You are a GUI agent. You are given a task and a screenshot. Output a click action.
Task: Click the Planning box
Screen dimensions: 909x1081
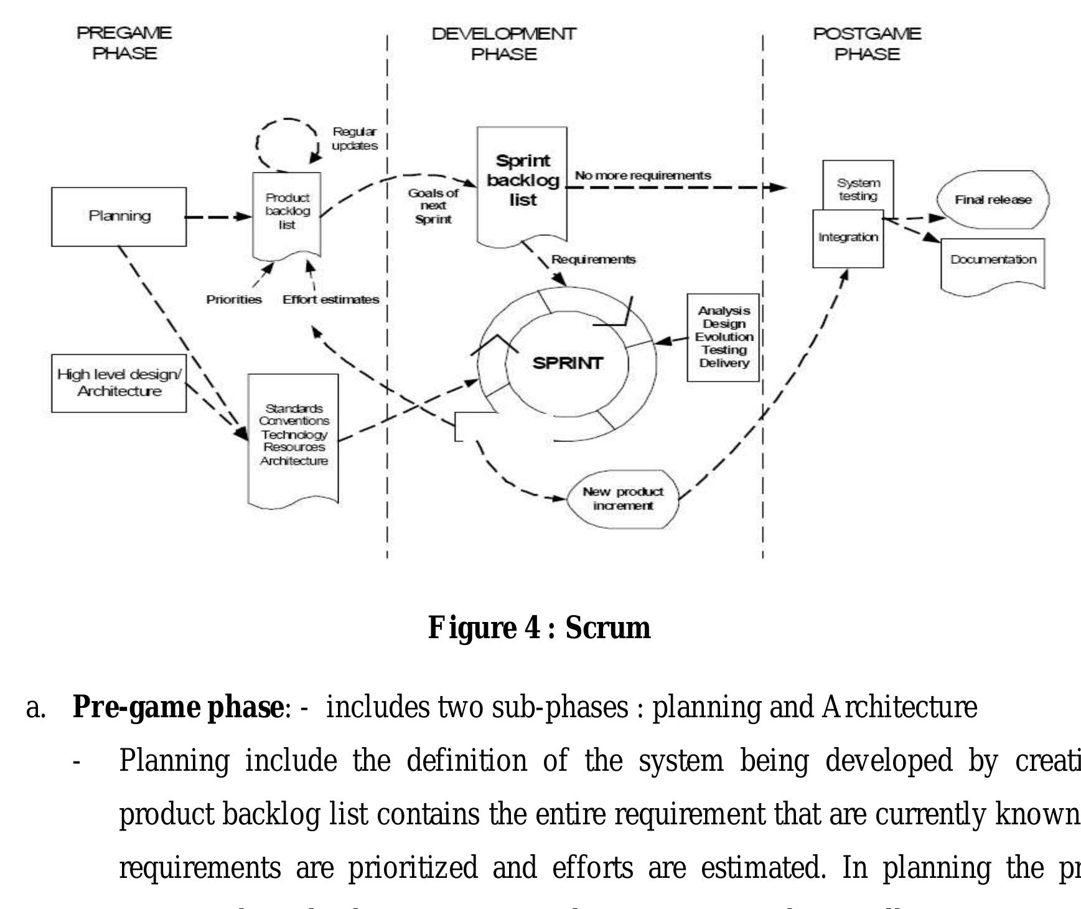119,216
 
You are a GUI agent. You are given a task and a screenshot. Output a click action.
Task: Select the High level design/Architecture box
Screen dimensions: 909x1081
119,383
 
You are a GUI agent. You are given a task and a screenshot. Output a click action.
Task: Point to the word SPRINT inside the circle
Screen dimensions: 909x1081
568,363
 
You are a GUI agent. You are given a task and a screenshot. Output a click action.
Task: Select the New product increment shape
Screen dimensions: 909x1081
623,499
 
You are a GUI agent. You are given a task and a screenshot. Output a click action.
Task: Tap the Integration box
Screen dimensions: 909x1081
848,238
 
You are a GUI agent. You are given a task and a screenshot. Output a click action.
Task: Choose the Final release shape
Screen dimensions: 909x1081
993,200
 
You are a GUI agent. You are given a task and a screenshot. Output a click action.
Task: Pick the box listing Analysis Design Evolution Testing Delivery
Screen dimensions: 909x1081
723,337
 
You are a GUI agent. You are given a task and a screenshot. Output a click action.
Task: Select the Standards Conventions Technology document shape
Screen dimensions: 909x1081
294,435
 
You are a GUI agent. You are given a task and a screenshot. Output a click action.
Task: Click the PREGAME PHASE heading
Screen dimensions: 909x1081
124,43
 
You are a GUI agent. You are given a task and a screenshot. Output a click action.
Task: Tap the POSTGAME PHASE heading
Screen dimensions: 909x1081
867,44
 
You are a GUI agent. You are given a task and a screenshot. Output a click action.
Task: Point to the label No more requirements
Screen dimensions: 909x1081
642,176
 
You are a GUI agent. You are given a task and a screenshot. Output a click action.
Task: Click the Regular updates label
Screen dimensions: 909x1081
354,138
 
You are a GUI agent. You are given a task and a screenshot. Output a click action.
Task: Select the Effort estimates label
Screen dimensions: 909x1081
330,299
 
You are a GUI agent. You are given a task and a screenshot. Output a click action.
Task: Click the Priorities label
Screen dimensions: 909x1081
234,299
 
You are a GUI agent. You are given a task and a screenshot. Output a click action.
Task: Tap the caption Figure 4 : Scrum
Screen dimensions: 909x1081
539,628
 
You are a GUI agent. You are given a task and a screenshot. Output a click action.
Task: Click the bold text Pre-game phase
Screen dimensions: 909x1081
177,707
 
